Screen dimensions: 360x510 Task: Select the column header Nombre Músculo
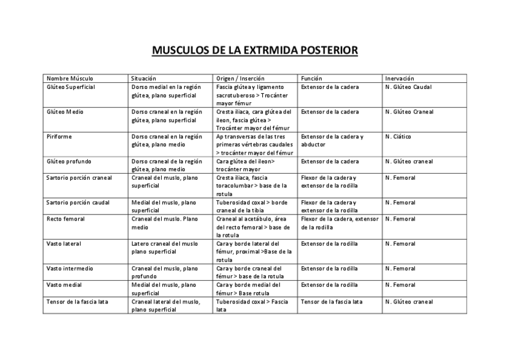tap(70, 79)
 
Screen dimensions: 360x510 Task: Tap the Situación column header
tap(144, 79)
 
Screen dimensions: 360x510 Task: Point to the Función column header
tap(312, 79)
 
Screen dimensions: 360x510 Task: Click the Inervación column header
tap(399, 79)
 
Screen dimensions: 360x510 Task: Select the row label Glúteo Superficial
tap(71, 87)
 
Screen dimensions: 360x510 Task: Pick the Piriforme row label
tap(59, 137)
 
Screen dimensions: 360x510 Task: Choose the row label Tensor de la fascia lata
tap(77, 302)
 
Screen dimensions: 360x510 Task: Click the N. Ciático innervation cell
tap(398, 137)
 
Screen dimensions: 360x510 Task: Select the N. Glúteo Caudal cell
tap(408, 87)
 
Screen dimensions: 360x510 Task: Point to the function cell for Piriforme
tap(332, 141)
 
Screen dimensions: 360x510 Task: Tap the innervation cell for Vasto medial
tap(401, 285)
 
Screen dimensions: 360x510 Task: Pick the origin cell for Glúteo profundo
tap(245, 165)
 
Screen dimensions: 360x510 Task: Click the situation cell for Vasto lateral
tap(164, 248)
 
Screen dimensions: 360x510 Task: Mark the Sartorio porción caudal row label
tap(78, 203)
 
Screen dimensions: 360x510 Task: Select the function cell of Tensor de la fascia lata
tap(331, 302)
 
